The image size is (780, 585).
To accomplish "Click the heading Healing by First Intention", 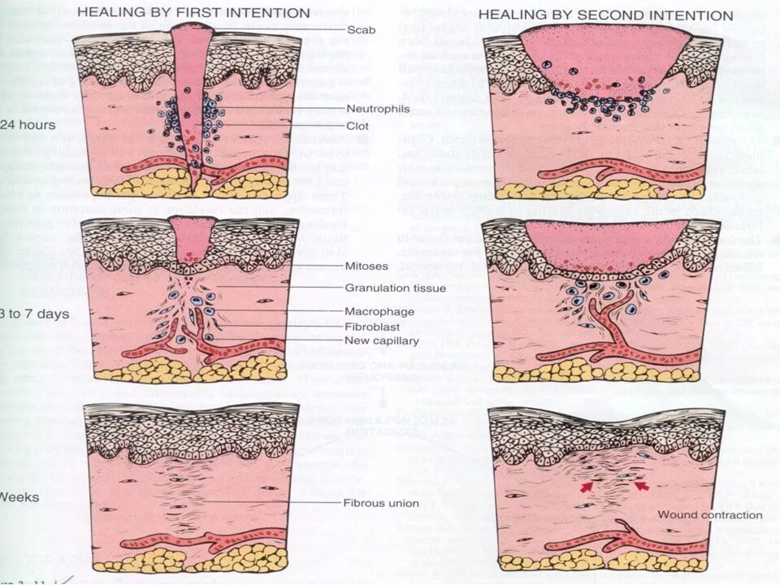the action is (193, 13).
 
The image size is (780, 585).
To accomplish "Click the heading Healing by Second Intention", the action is (605, 15).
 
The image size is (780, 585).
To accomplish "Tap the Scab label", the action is (360, 29).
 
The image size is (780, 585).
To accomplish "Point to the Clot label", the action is (357, 126).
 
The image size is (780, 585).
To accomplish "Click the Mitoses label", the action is (366, 266).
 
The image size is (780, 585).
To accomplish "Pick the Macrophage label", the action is (379, 311).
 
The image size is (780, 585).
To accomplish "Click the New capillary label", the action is (382, 340).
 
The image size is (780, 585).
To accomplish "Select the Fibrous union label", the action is (381, 503).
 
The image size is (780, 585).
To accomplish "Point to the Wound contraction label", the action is (709, 514).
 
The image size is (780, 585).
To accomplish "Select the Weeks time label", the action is (19, 496).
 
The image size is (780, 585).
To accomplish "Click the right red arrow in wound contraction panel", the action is (641, 486).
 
